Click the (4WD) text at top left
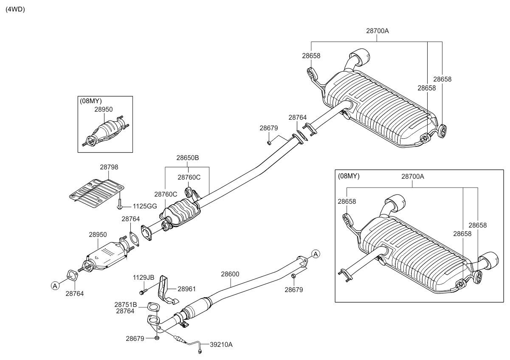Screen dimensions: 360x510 [15, 9]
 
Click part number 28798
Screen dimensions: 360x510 [109, 167]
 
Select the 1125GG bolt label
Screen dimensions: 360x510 [145, 206]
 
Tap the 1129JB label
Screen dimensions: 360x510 [144, 277]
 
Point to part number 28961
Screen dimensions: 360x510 [187, 289]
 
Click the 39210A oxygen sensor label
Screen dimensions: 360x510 [222, 345]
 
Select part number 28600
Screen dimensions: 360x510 [230, 274]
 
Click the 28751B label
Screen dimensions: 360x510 [125, 304]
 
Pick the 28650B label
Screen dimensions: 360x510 [188, 157]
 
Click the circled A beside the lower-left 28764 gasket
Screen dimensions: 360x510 [55, 286]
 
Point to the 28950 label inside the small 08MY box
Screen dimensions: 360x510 [103, 109]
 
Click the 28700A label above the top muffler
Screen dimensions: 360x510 [377, 31]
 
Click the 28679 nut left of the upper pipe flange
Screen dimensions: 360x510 [269, 142]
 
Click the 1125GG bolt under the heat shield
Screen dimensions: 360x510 [120, 205]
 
